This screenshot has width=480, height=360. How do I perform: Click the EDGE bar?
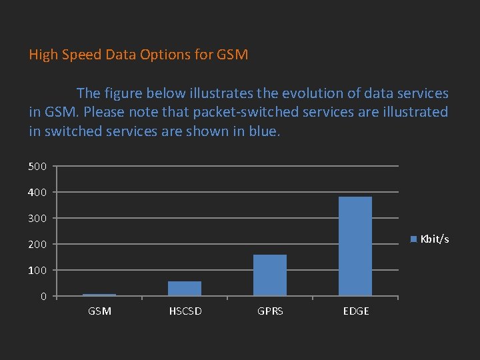355,246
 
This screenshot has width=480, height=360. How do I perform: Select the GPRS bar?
270,275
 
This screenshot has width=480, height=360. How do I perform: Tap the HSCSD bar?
185,288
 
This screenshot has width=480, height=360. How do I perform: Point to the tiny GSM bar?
99,295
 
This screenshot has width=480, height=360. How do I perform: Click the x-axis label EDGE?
356,311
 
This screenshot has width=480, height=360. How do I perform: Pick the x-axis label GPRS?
270,311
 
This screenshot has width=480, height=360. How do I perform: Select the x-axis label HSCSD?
185,311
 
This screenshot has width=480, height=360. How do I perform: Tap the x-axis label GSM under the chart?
100,311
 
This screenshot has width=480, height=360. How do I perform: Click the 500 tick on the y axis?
37,166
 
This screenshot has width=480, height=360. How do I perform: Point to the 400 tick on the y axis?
37,192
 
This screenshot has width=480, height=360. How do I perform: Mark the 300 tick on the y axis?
37,218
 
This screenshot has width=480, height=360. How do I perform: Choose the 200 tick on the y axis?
37,244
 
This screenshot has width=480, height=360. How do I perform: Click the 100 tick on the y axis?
37,270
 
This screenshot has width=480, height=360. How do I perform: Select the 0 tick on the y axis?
43,296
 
